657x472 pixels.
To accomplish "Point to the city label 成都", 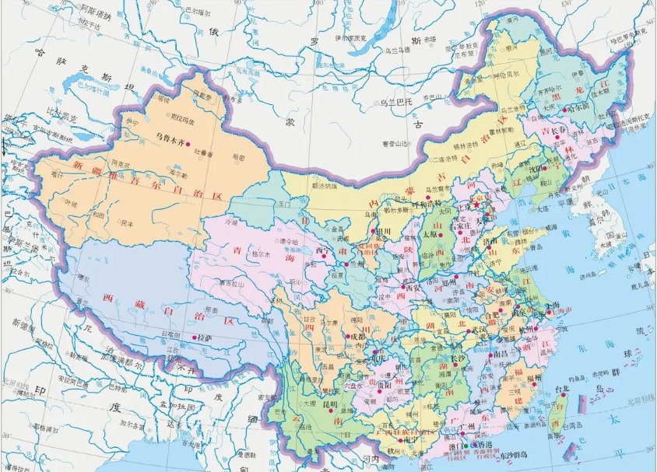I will point(357,337).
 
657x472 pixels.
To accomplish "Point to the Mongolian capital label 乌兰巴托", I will point(396,102).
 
